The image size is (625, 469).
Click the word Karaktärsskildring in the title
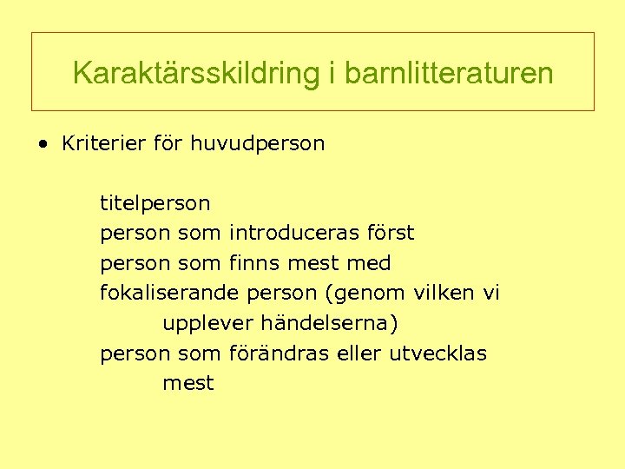(197, 73)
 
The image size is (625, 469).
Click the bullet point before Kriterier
(43, 144)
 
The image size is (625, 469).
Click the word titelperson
(155, 203)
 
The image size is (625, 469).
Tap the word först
(390, 233)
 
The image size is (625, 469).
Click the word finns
(253, 262)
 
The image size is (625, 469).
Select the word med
(368, 262)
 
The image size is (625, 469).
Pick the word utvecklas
(438, 353)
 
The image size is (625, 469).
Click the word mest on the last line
(187, 383)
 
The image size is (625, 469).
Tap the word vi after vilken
(491, 293)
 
